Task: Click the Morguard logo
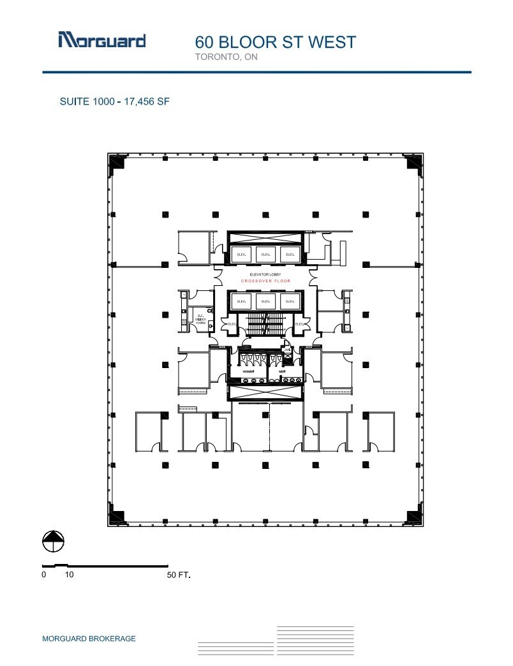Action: coord(101,40)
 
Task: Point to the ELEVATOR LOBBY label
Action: coord(265,274)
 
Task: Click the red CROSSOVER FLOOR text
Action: coord(265,281)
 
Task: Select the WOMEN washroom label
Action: coord(248,371)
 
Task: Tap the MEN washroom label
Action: coord(281,371)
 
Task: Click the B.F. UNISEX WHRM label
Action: coord(200,318)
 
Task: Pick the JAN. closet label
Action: coord(288,349)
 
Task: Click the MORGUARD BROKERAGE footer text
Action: coord(89,639)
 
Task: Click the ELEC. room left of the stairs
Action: coord(232,324)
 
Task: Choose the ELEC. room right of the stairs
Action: coord(299,324)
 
